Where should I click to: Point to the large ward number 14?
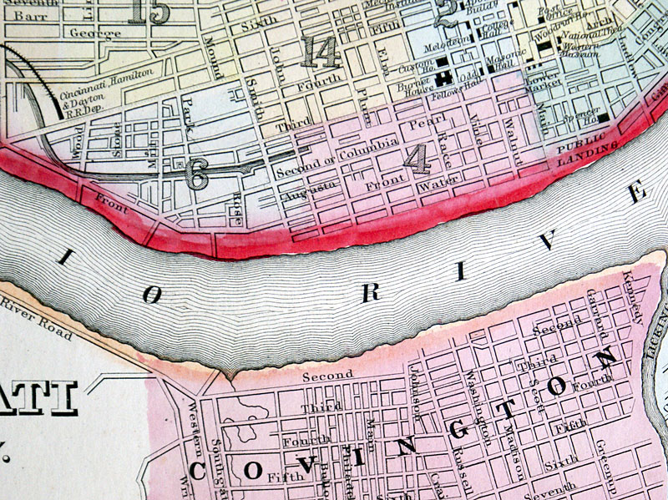[321, 52]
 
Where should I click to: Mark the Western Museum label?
[578, 48]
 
